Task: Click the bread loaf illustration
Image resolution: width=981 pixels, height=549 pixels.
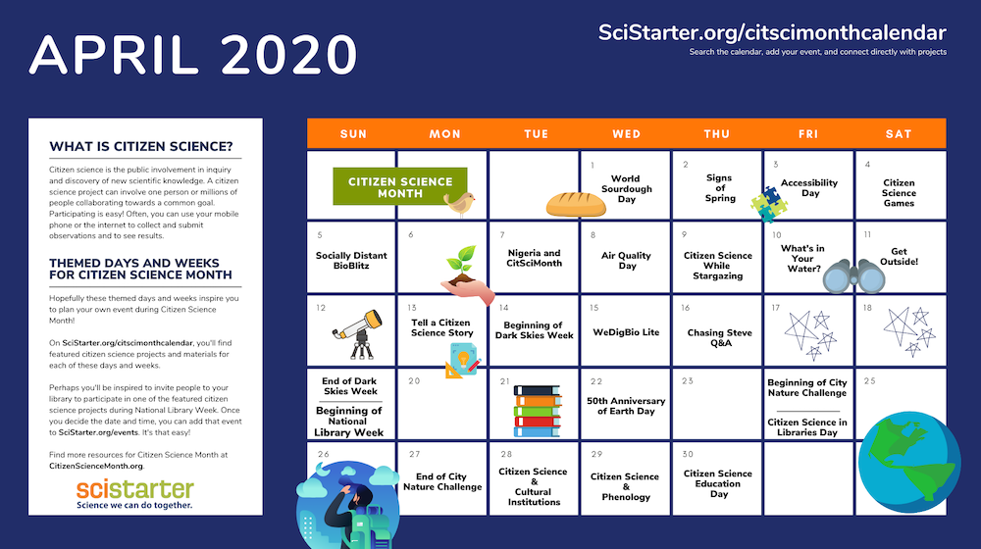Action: [576, 205]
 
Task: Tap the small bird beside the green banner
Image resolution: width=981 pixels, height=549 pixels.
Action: [460, 204]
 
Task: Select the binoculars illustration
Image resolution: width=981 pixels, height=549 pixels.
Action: [854, 276]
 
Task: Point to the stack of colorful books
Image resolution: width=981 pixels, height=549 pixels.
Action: [537, 411]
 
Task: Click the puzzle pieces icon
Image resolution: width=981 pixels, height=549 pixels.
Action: [769, 204]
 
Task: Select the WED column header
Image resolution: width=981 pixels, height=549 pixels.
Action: [626, 133]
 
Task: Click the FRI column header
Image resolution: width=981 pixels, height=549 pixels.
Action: [808, 133]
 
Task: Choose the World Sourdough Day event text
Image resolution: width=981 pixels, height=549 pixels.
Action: [626, 189]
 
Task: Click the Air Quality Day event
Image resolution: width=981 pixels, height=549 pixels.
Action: [626, 260]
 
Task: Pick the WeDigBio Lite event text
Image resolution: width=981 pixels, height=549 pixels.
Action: [626, 332]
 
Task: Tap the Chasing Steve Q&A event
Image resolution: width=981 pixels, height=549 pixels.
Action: [719, 337]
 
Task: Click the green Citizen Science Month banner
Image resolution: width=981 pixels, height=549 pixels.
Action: [400, 186]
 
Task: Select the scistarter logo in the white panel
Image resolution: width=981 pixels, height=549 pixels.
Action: [135, 493]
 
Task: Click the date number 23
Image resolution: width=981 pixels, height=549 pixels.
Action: [688, 380]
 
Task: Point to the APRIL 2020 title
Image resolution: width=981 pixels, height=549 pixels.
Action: [193, 55]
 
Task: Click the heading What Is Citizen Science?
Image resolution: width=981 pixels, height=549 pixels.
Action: [140, 146]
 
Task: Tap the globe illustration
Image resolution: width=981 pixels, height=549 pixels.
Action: [909, 462]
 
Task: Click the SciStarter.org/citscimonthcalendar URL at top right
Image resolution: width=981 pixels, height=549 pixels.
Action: [772, 32]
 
